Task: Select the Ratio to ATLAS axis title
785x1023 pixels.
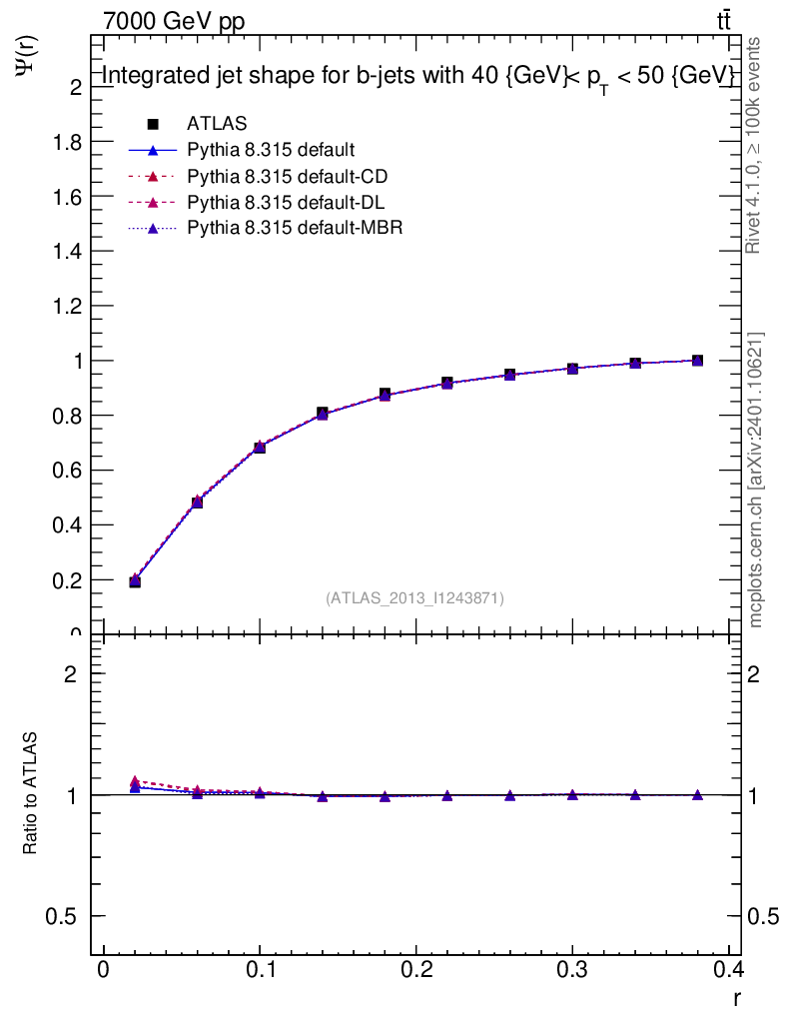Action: pyautogui.click(x=30, y=795)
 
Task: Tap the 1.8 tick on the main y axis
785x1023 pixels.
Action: pyautogui.click(x=67, y=142)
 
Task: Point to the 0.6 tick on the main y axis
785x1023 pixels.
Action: pyautogui.click(x=67, y=470)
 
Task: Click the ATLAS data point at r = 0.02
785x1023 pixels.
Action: pyautogui.click(x=135, y=581)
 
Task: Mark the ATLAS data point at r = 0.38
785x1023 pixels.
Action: pyautogui.click(x=697, y=361)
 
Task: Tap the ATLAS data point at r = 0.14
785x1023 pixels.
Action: pyautogui.click(x=323, y=413)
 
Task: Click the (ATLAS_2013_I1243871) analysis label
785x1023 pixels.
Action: pyautogui.click(x=414, y=598)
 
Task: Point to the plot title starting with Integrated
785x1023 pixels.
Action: pyautogui.click(x=419, y=77)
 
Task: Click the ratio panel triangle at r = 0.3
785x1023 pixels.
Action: pyautogui.click(x=572, y=795)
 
